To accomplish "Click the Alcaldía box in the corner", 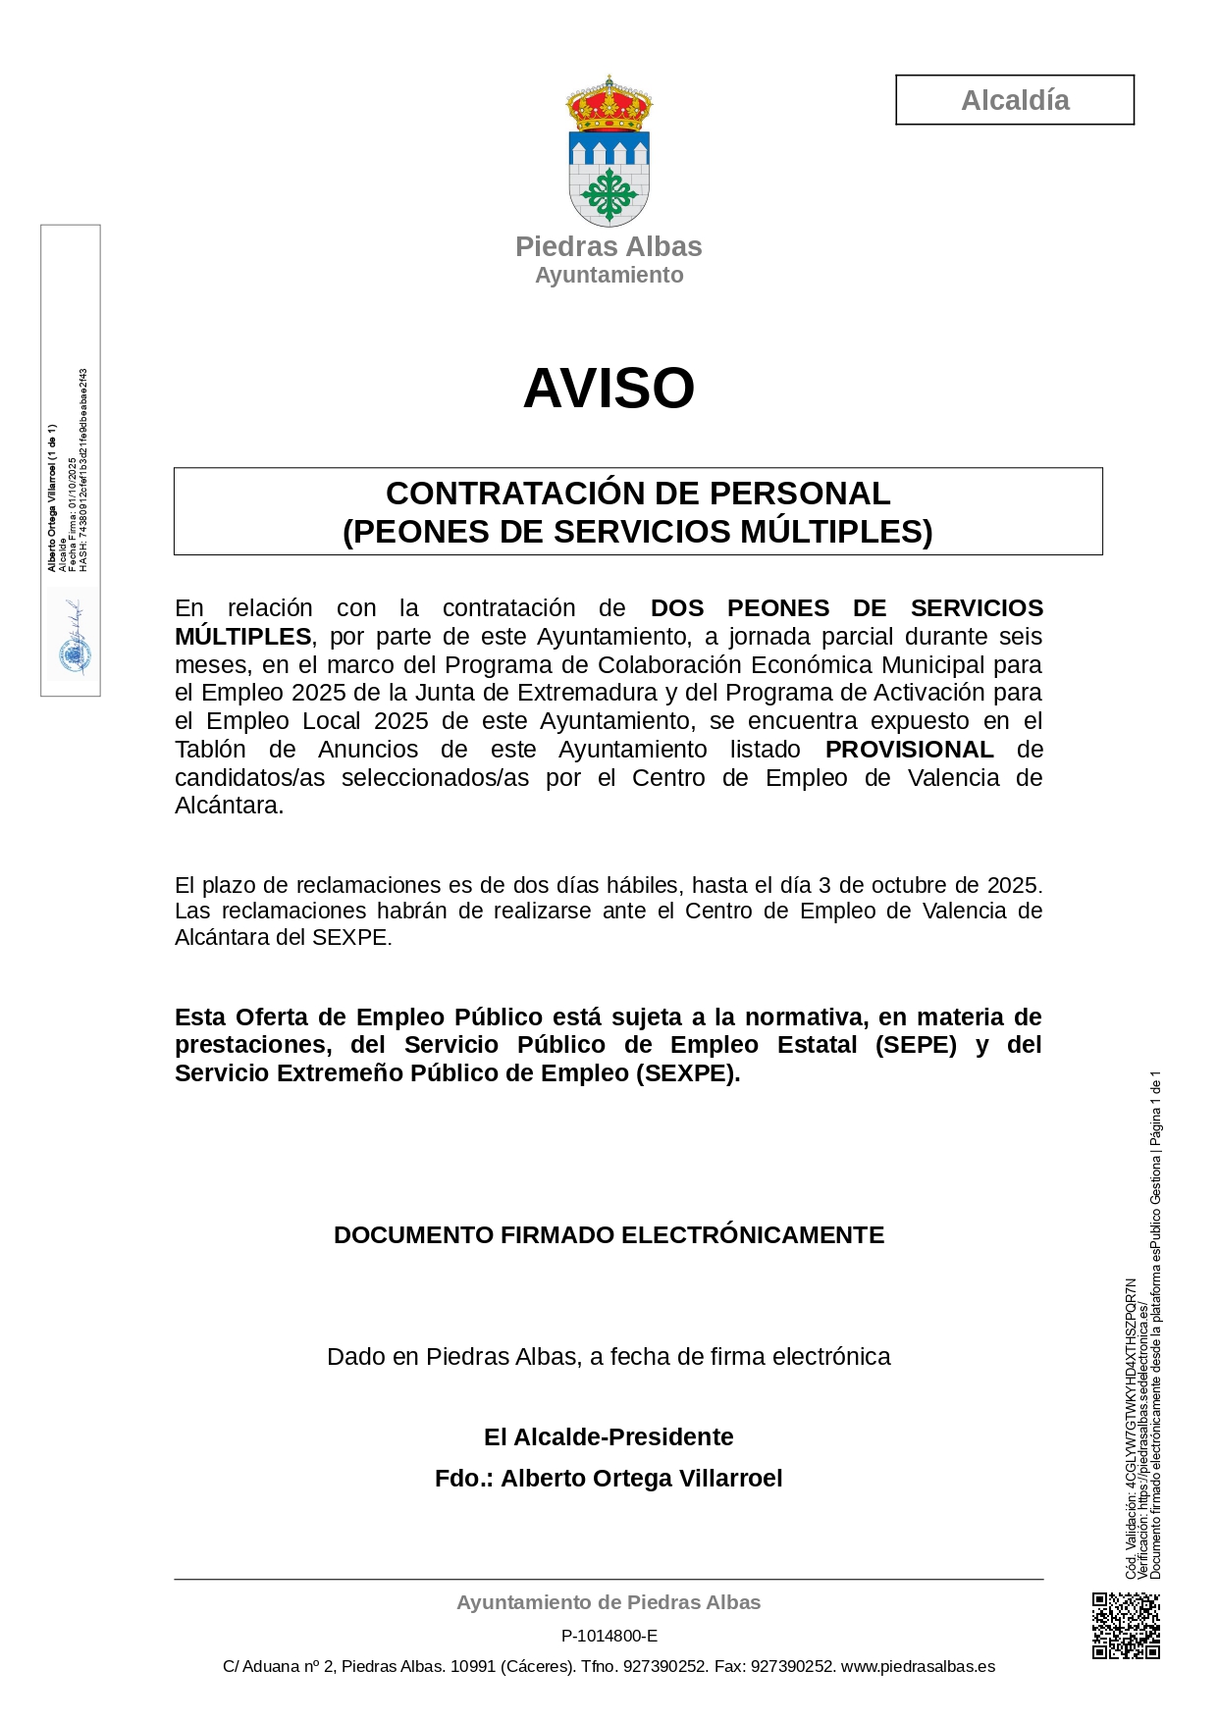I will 1014,100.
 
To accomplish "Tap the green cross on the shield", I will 609,194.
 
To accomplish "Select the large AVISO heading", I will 609,388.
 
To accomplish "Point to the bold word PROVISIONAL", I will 909,750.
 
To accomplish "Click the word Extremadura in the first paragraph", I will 592,693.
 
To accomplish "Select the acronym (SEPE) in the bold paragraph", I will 916,1045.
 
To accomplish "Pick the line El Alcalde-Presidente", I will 609,1437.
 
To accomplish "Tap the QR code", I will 1126,1626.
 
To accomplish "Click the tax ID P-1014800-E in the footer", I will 609,1636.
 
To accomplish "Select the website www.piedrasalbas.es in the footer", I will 918,1666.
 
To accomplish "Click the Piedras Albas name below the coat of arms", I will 609,246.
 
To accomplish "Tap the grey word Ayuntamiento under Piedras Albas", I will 609,276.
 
